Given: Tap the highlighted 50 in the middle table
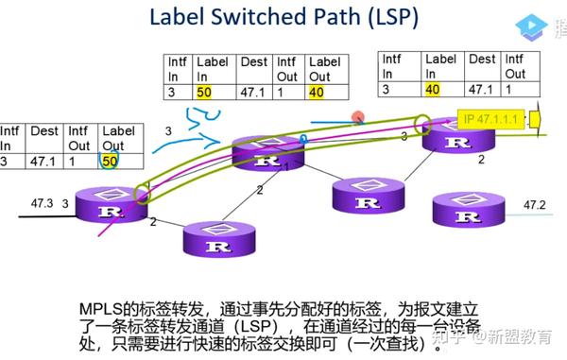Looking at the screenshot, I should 204,93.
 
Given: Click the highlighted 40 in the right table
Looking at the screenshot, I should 433,90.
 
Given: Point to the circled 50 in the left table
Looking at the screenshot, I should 110,162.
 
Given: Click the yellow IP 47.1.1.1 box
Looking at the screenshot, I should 490,120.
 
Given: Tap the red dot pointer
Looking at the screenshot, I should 358,118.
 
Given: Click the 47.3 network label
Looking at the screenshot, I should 42,203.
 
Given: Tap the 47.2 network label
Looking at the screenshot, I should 537,204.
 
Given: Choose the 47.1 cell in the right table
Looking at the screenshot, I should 482,90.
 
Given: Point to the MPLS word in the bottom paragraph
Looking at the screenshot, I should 101,309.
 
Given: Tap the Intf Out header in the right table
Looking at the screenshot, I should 515,66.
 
